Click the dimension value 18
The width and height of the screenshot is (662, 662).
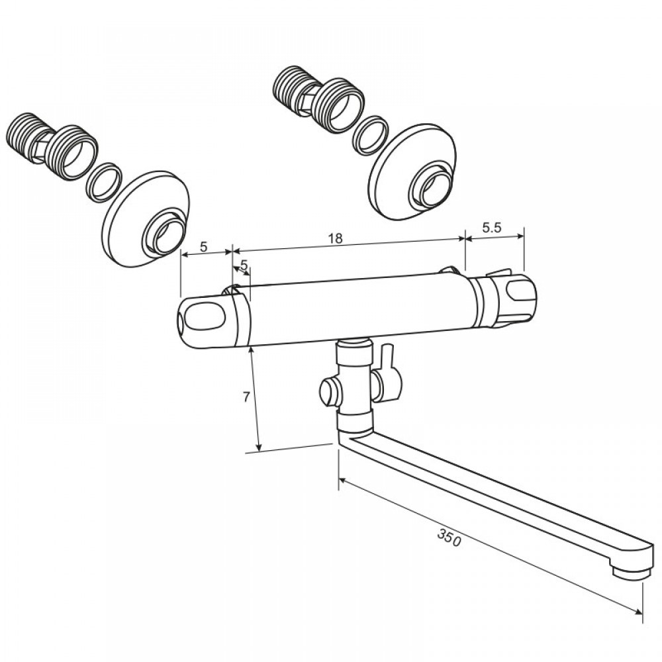336,239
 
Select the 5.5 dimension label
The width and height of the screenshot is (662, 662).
491,228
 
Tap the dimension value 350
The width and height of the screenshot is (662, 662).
449,538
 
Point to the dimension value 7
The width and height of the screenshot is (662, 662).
246,397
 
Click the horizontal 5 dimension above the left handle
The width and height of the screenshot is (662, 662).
203,247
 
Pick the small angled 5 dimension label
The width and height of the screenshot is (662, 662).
244,265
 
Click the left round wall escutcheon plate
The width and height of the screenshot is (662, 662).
146,218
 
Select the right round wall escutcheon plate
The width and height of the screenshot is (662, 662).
412,172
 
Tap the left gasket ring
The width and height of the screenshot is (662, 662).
104,182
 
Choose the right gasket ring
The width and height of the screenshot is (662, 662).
370,135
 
